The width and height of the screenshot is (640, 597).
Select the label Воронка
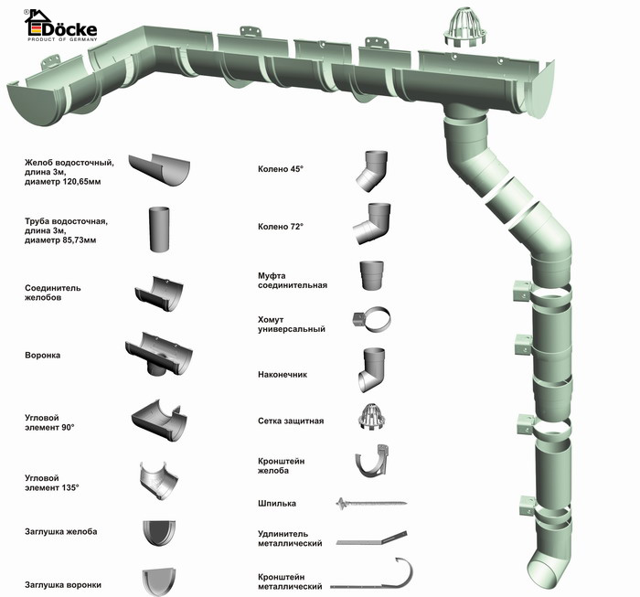(43, 355)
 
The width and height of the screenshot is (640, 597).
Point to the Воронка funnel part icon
(160, 353)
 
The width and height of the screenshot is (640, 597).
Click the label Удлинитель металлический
(290, 538)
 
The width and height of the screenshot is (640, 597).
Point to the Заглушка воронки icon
(163, 581)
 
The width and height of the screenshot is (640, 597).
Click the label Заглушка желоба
(60, 531)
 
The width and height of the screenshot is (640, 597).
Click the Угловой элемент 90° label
(49, 421)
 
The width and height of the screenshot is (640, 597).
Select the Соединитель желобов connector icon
(159, 293)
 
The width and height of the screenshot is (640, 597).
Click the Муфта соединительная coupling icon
(372, 275)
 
